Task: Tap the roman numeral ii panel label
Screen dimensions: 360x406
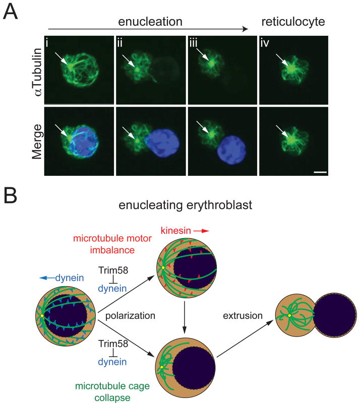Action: coord(120,41)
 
